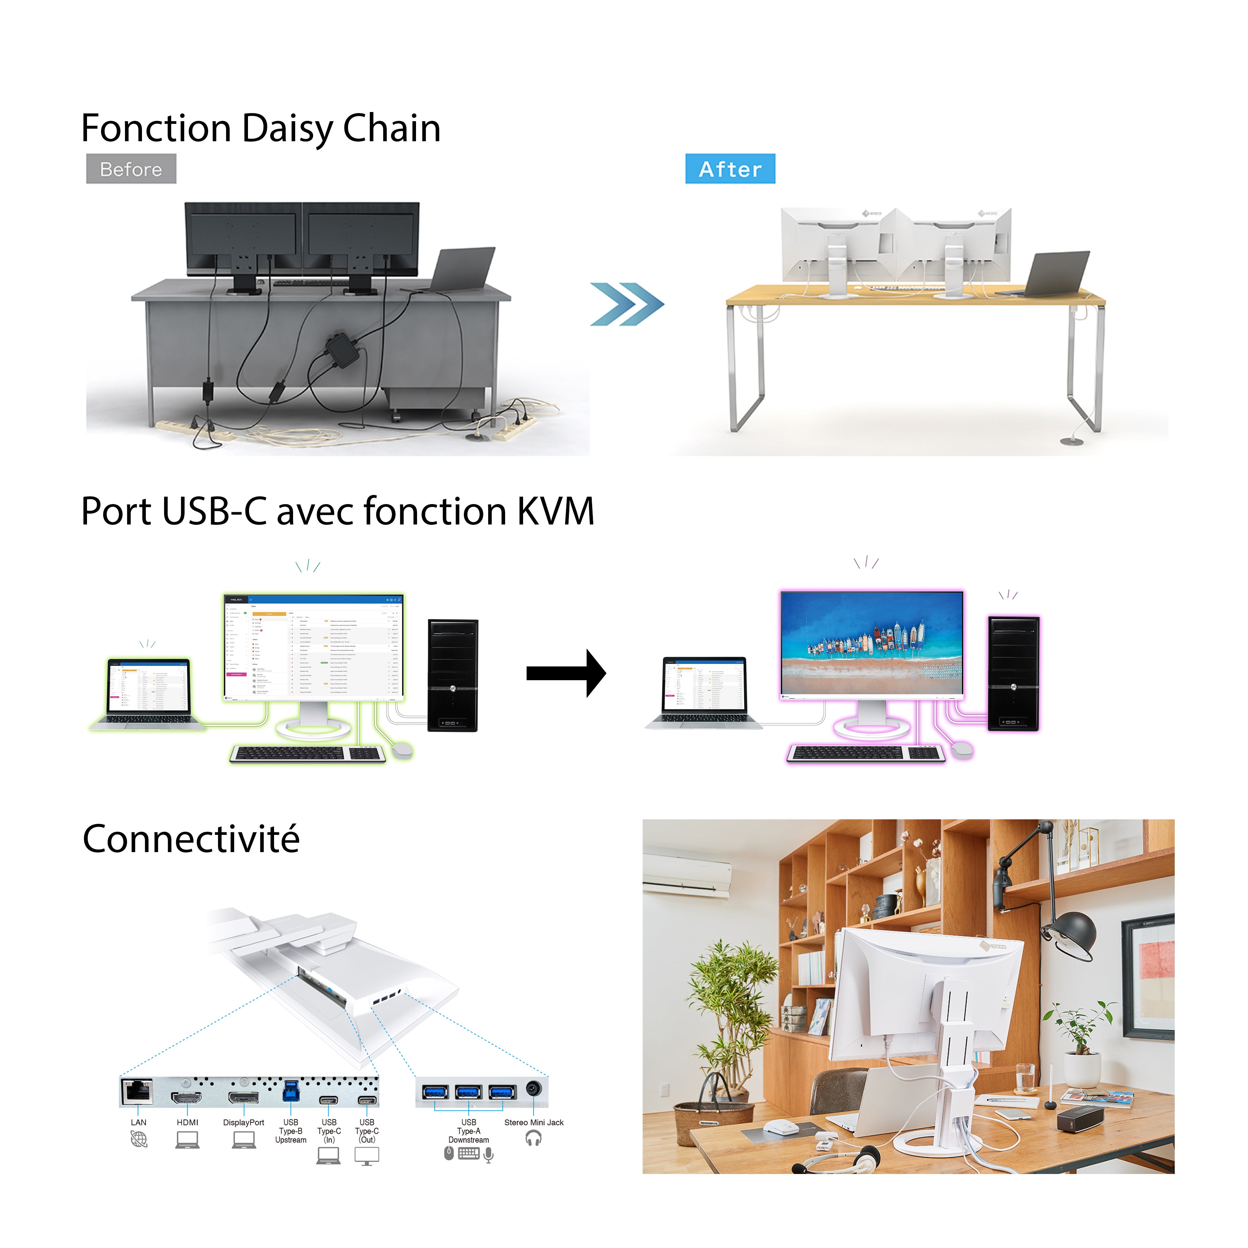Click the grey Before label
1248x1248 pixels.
(x=131, y=169)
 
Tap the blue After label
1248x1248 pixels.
(x=730, y=169)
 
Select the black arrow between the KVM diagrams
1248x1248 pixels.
(x=566, y=673)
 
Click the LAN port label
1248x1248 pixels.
(x=138, y=1122)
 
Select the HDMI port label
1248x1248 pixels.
(x=187, y=1122)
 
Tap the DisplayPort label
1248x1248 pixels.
(x=243, y=1122)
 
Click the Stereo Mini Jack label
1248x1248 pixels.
(x=534, y=1122)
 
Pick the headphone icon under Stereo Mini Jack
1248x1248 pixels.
(x=534, y=1138)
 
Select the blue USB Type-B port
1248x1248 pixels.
(x=291, y=1092)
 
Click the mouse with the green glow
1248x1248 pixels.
(x=402, y=749)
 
